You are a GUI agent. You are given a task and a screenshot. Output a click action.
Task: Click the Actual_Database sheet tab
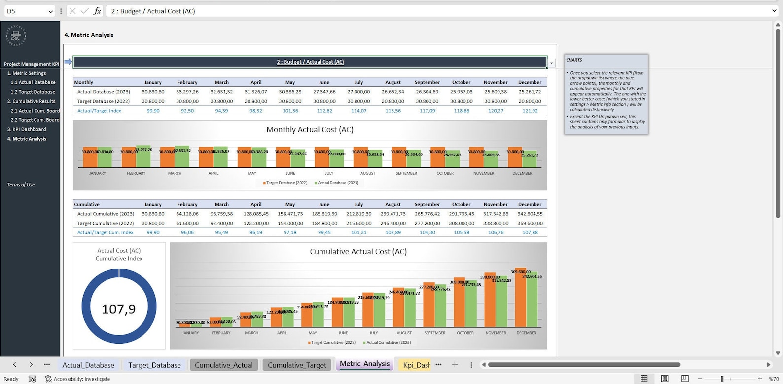pos(88,365)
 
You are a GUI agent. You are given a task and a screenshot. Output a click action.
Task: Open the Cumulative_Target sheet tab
pos(297,365)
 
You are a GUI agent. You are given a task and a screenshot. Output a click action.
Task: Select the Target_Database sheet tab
pos(154,365)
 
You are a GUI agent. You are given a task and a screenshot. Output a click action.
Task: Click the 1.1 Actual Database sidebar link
pos(33,82)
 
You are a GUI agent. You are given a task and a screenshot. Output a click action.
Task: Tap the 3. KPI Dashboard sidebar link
pos(27,129)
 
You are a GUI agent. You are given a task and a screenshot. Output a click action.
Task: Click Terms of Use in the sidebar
pos(21,185)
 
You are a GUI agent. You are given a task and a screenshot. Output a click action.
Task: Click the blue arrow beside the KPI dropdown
pos(68,62)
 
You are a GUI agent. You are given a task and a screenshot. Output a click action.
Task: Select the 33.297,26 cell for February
pos(187,92)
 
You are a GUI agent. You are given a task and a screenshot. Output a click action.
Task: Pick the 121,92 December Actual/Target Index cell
pos(530,111)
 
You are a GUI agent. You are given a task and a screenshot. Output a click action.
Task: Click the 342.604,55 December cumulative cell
pos(530,214)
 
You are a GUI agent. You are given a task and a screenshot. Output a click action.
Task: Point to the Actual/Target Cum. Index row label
pos(105,232)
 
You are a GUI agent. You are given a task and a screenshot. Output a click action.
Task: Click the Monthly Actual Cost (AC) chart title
pos(310,130)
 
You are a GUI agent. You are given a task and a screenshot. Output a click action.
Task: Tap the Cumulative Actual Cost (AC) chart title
pos(358,252)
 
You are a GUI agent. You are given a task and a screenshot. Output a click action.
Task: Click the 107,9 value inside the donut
pos(118,309)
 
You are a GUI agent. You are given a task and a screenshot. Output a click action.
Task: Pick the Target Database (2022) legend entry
pos(286,183)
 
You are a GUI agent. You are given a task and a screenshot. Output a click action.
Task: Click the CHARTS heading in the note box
pos(574,60)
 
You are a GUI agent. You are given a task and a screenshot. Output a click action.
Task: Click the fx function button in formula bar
pos(97,11)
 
